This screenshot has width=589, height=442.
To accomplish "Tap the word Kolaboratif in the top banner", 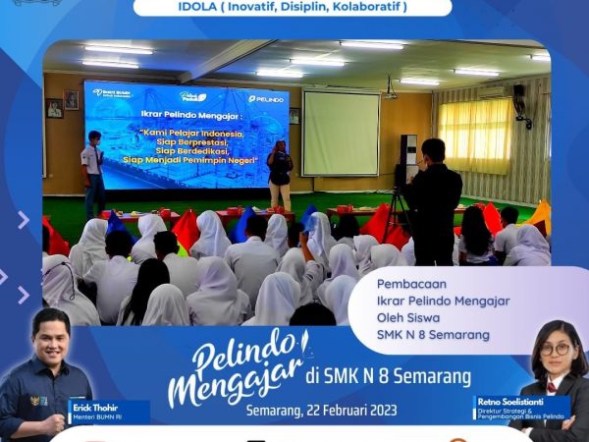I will pos(353,7).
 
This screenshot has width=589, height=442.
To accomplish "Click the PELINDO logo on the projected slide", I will pos(265,98).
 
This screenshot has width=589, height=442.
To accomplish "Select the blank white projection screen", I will pos(341,133).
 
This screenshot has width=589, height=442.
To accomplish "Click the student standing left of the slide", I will pos(93,172).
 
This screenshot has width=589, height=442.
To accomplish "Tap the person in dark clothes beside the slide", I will pos(280,174).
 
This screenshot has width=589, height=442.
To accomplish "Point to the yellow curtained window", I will pos(475,136).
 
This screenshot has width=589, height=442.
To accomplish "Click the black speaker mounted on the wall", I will pos(518,97).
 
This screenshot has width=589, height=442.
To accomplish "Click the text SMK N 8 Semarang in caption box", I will pos(433,335).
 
